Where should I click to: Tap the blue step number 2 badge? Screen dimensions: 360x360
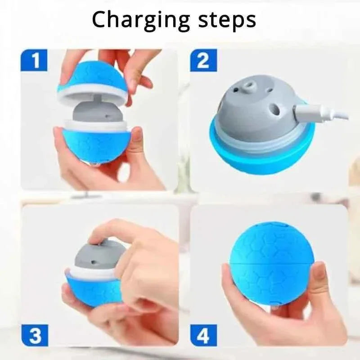(x=203, y=61)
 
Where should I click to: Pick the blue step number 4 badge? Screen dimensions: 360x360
(x=203, y=336)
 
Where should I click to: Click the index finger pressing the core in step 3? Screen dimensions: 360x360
(x=112, y=229)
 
